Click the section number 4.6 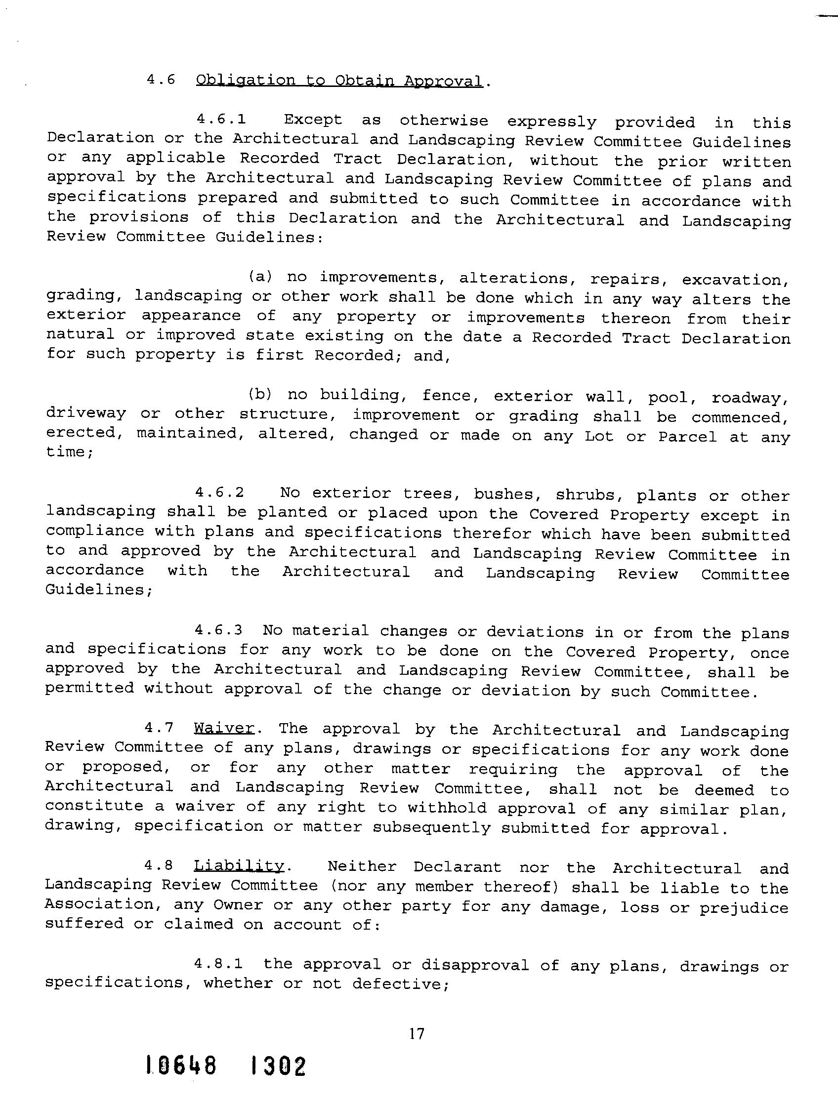point(160,80)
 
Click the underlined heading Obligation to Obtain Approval point(339,81)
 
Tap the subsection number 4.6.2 point(220,492)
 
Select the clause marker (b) point(260,394)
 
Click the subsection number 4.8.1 point(219,963)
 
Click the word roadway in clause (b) point(750,398)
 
